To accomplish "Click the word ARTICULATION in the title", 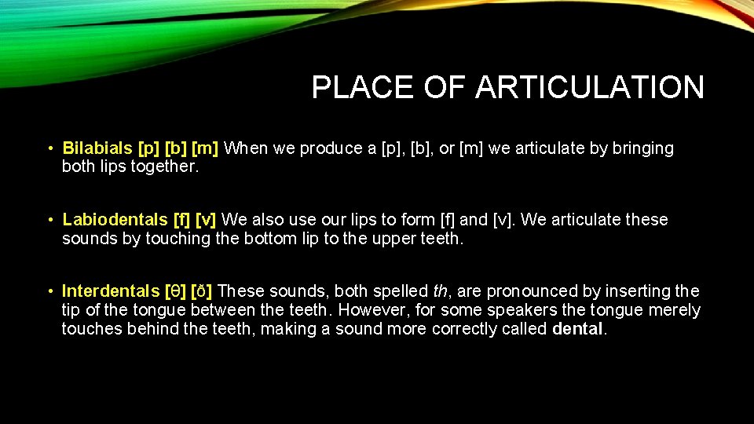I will click(589, 87).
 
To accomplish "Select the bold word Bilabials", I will click(97, 148).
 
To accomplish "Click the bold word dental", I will click(577, 329).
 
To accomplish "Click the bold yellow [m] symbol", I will click(208, 148).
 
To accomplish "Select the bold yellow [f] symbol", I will click(181, 220).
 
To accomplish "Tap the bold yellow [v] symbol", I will click(207, 220).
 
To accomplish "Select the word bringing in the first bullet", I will click(641, 148).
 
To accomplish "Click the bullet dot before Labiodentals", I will click(49, 221).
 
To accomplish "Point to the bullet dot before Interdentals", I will click(49, 292).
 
